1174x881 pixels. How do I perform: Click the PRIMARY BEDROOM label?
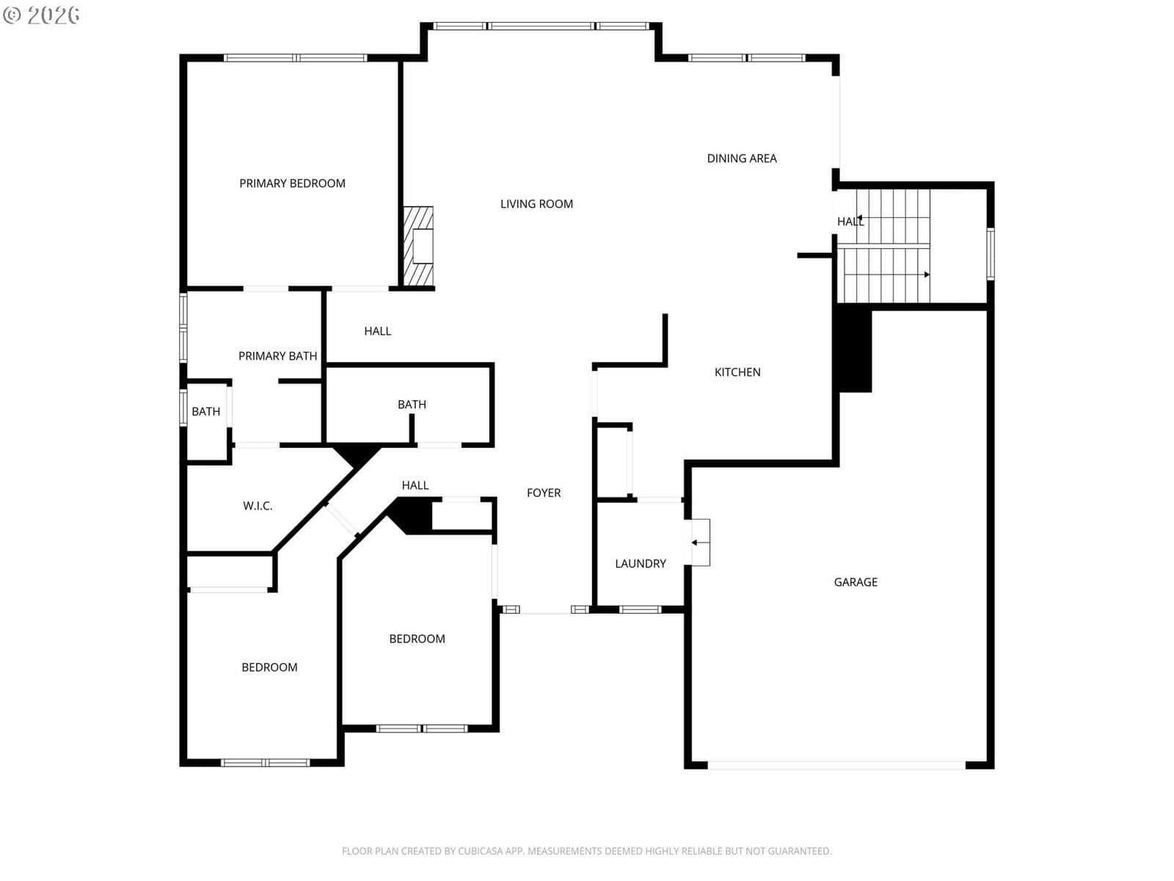[x=292, y=184]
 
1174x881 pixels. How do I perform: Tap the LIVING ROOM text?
[x=536, y=204]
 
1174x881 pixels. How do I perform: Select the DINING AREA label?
[x=741, y=159]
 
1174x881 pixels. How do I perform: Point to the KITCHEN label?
[x=737, y=372]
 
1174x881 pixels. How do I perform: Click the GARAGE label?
[x=856, y=582]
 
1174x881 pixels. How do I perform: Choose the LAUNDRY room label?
[x=641, y=563]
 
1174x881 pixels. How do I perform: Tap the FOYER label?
[x=544, y=493]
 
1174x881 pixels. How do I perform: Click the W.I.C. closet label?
[x=258, y=506]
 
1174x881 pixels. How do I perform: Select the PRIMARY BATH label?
[x=277, y=356]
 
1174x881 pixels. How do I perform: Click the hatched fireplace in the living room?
[x=418, y=246]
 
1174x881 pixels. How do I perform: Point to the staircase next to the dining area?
[x=883, y=245]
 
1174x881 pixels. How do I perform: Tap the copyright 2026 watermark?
[x=41, y=15]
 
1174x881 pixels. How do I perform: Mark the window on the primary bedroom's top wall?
[x=295, y=58]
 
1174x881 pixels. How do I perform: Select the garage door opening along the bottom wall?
[x=836, y=765]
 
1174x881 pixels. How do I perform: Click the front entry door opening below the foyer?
[x=546, y=610]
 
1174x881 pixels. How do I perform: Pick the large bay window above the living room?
[x=541, y=26]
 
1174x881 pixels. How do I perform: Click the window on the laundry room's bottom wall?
[x=640, y=609]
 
